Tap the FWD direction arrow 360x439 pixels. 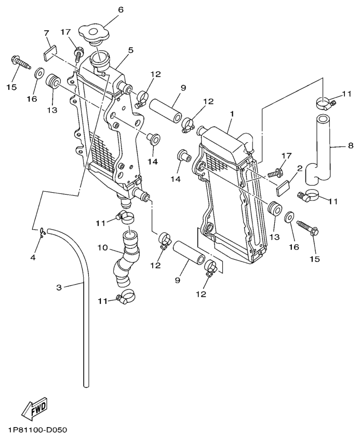pos(34,408)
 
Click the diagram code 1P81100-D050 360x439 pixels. pos(37,431)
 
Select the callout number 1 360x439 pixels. pos(232,113)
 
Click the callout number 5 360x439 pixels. pos(131,50)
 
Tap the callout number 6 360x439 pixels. pos(121,9)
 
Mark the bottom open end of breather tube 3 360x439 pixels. pos(85,385)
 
